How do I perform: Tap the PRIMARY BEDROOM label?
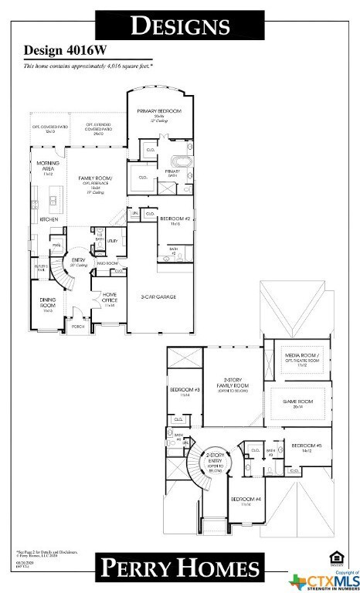click(159, 112)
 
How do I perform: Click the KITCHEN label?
click(49, 219)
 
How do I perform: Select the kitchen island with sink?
click(53, 202)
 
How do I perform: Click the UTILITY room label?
click(112, 241)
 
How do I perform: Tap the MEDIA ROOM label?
click(297, 357)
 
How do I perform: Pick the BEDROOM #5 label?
click(306, 446)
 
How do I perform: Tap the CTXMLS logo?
click(324, 579)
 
